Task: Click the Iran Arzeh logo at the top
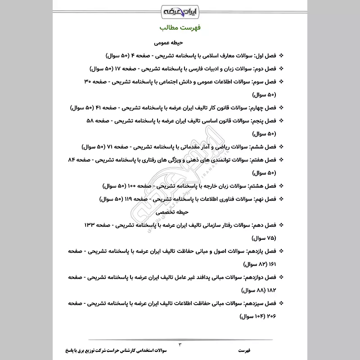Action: [180, 10]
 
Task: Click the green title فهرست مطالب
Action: [180, 28]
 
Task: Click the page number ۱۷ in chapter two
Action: [117, 69]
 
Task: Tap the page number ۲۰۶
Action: [271, 316]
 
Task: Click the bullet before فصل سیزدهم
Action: [282, 303]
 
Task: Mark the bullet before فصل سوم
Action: [282, 82]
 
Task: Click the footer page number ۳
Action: [180, 345]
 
